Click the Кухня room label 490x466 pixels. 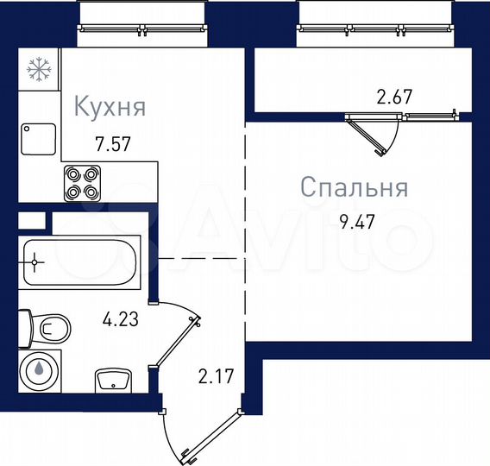[x=110, y=108]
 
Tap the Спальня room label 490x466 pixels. [x=354, y=187]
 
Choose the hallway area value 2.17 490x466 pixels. [x=216, y=377]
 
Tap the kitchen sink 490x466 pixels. [x=38, y=139]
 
